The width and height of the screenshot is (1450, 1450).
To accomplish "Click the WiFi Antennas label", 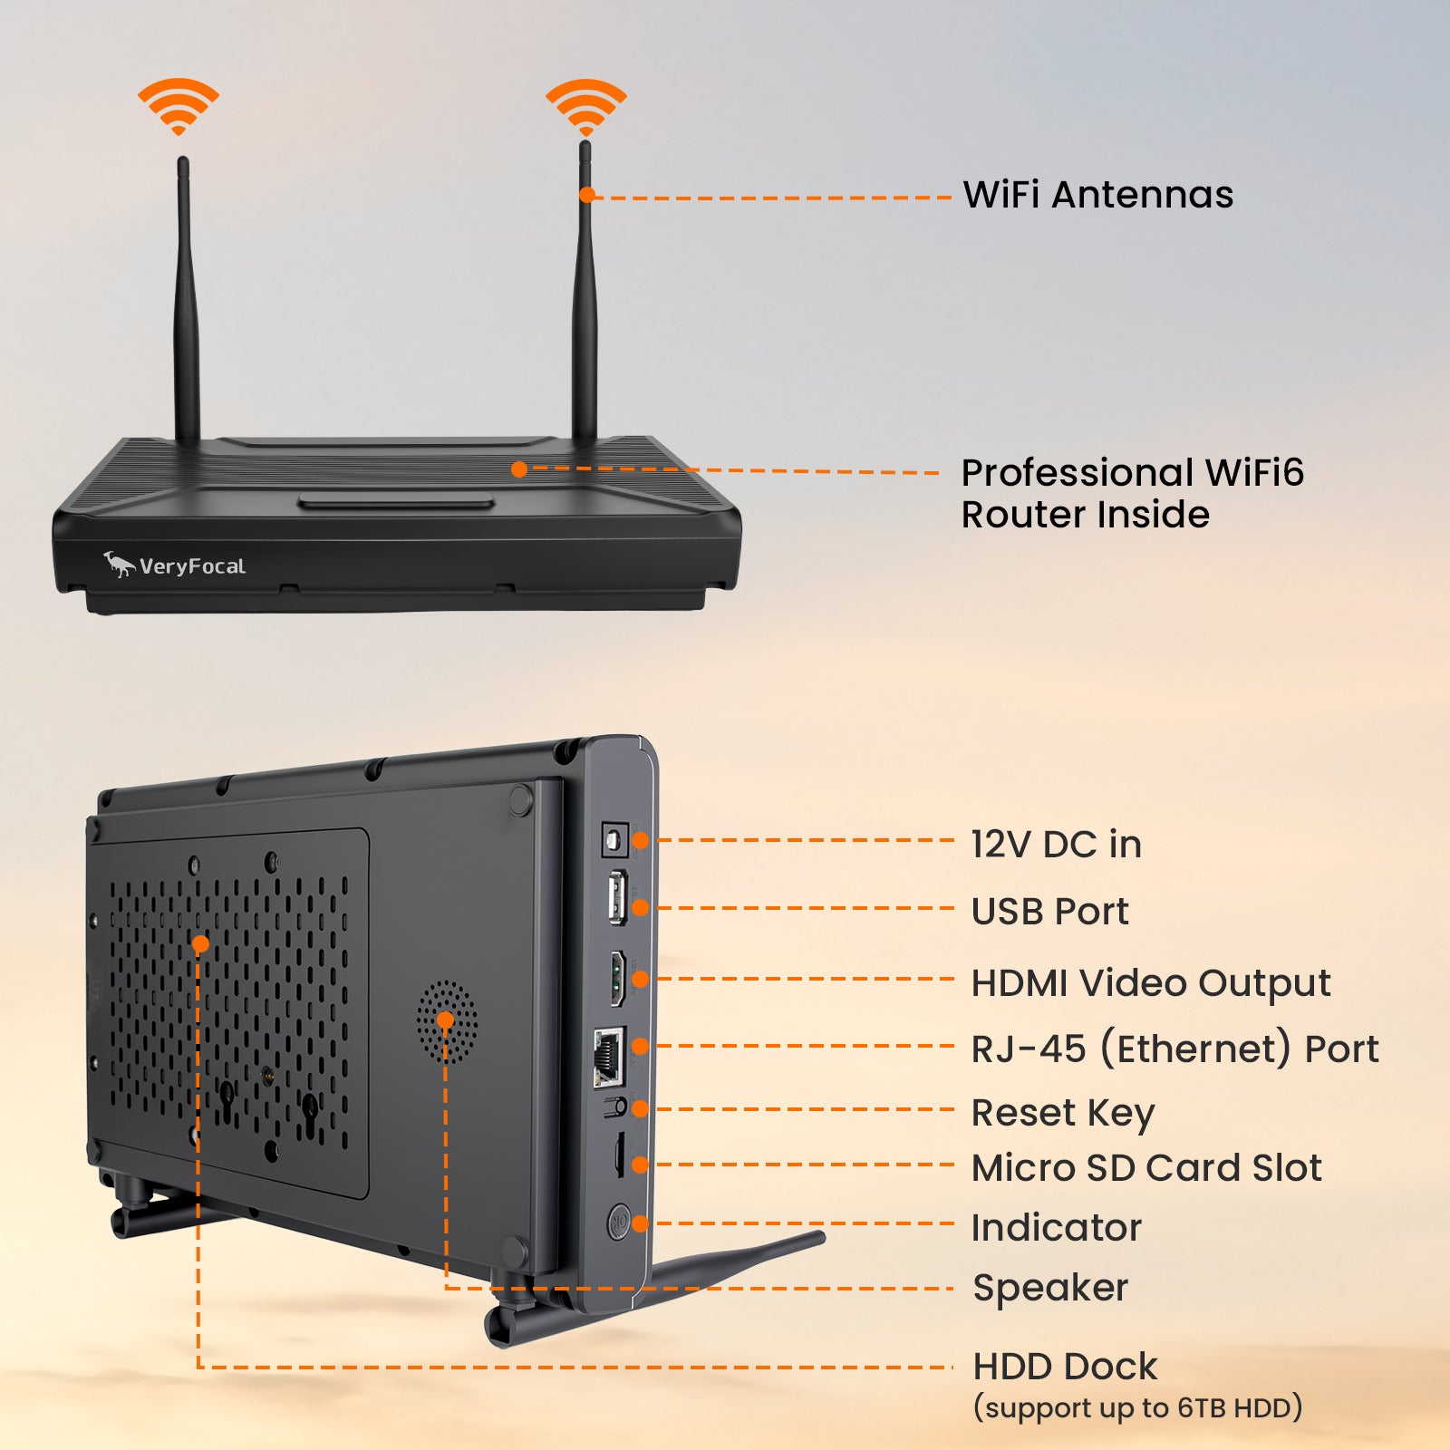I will click(1097, 195).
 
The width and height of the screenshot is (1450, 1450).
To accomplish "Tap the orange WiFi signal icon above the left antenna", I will click(179, 105).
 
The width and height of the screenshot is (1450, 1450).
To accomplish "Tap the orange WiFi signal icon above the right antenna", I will click(585, 105).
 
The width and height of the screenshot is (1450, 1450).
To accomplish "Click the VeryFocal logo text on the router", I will click(192, 566).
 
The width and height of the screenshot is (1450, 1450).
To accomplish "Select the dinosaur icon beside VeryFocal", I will click(118, 564).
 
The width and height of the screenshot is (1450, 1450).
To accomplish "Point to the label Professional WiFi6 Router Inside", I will click(1132, 493).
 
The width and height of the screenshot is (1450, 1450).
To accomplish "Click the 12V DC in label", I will click(1056, 844).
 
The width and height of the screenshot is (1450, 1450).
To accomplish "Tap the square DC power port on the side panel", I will click(615, 841).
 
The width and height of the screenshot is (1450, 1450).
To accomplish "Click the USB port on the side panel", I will click(617, 896).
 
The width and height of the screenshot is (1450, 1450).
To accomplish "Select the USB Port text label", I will click(1049, 911).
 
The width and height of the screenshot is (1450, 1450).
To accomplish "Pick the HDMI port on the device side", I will click(617, 978).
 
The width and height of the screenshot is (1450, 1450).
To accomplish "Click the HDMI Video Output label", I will click(1150, 982).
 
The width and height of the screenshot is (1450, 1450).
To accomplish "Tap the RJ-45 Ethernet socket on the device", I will click(609, 1057).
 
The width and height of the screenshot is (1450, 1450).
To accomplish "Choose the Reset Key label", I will click(1062, 1112).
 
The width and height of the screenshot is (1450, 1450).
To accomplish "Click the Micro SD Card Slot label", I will click(1145, 1167).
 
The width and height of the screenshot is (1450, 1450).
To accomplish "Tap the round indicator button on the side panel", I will click(619, 1223).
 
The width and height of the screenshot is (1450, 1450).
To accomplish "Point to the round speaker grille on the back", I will click(447, 1021).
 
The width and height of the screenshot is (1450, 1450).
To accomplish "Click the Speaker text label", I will click(1049, 1287).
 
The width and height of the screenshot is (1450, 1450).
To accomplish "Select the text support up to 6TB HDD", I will click(1137, 1407).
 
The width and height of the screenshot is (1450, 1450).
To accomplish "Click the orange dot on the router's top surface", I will click(519, 469).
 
